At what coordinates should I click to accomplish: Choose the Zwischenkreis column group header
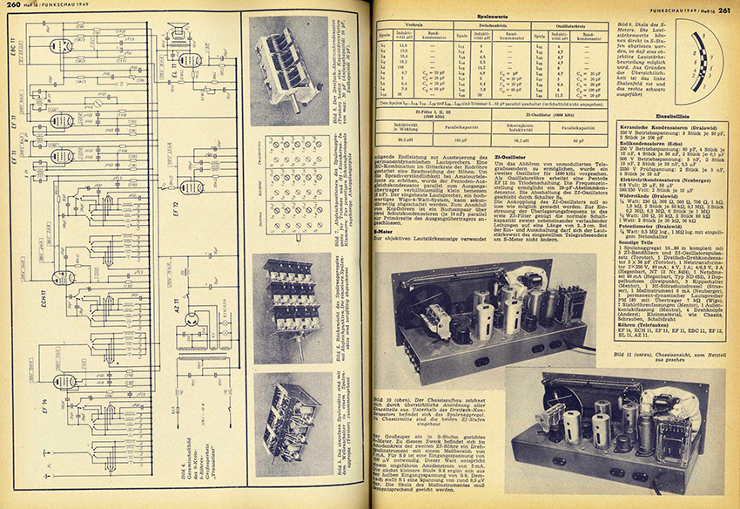tap(488, 26)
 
